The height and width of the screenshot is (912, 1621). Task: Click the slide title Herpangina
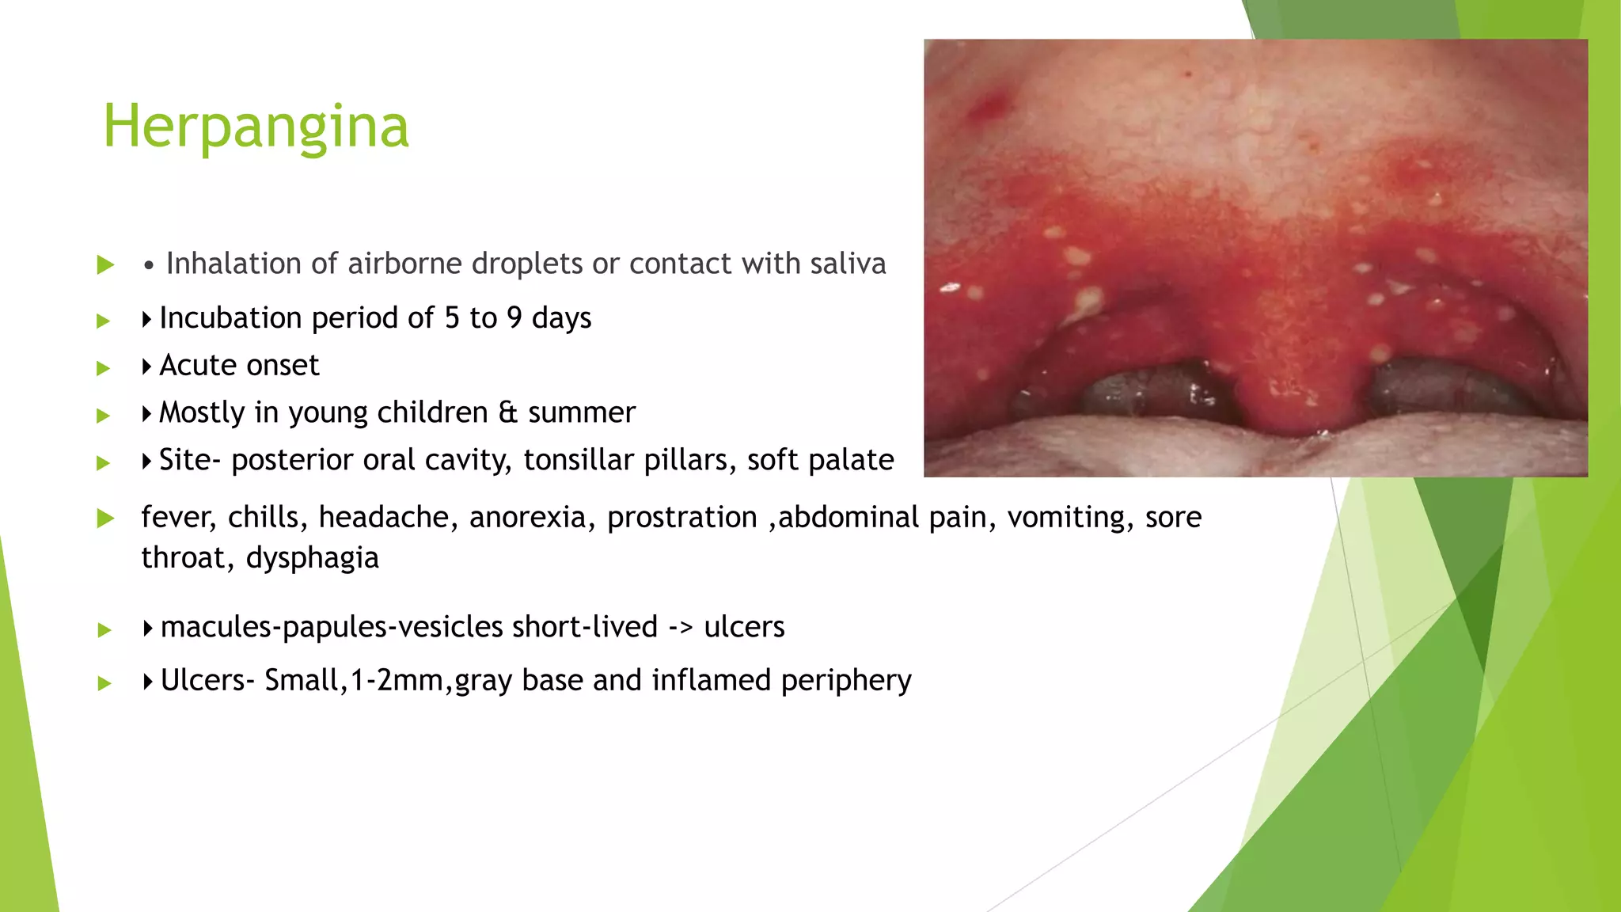coord(256,127)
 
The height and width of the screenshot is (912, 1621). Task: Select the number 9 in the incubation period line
coord(514,318)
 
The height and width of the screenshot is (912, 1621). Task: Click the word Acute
coord(196,366)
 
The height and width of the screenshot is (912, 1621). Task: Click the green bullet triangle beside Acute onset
coord(104,368)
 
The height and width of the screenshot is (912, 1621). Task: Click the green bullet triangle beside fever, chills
coord(105,519)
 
